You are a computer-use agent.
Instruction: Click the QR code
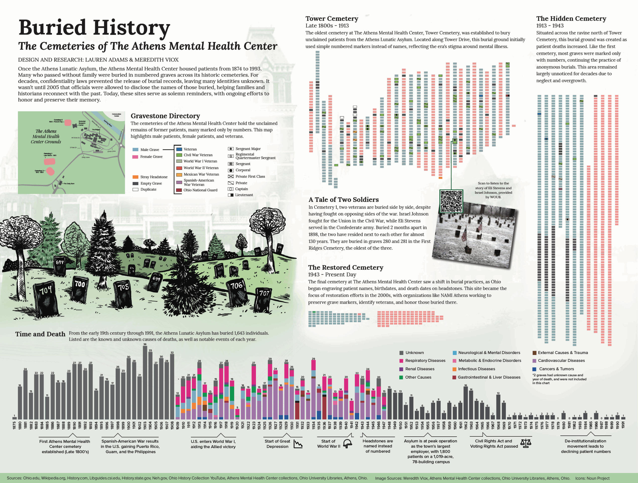[451, 201]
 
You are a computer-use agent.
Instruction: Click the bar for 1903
[145, 382]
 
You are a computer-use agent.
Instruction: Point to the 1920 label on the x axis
[237, 425]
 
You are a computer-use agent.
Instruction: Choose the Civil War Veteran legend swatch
[179, 155]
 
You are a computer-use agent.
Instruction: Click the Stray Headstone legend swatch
[135, 177]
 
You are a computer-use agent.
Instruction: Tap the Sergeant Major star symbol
[231, 149]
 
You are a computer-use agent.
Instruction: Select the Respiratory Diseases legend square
[401, 361]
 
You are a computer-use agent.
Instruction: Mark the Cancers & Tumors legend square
[534, 369]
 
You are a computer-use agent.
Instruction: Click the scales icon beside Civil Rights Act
[526, 443]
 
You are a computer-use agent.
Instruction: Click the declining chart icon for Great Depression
[298, 444]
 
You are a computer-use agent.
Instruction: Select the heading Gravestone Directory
[165, 116]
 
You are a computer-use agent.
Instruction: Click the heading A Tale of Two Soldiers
[343, 200]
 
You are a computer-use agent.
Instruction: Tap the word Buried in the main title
[53, 28]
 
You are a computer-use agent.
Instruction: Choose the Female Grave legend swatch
[135, 157]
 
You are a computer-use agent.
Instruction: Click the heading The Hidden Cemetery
[571, 19]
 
